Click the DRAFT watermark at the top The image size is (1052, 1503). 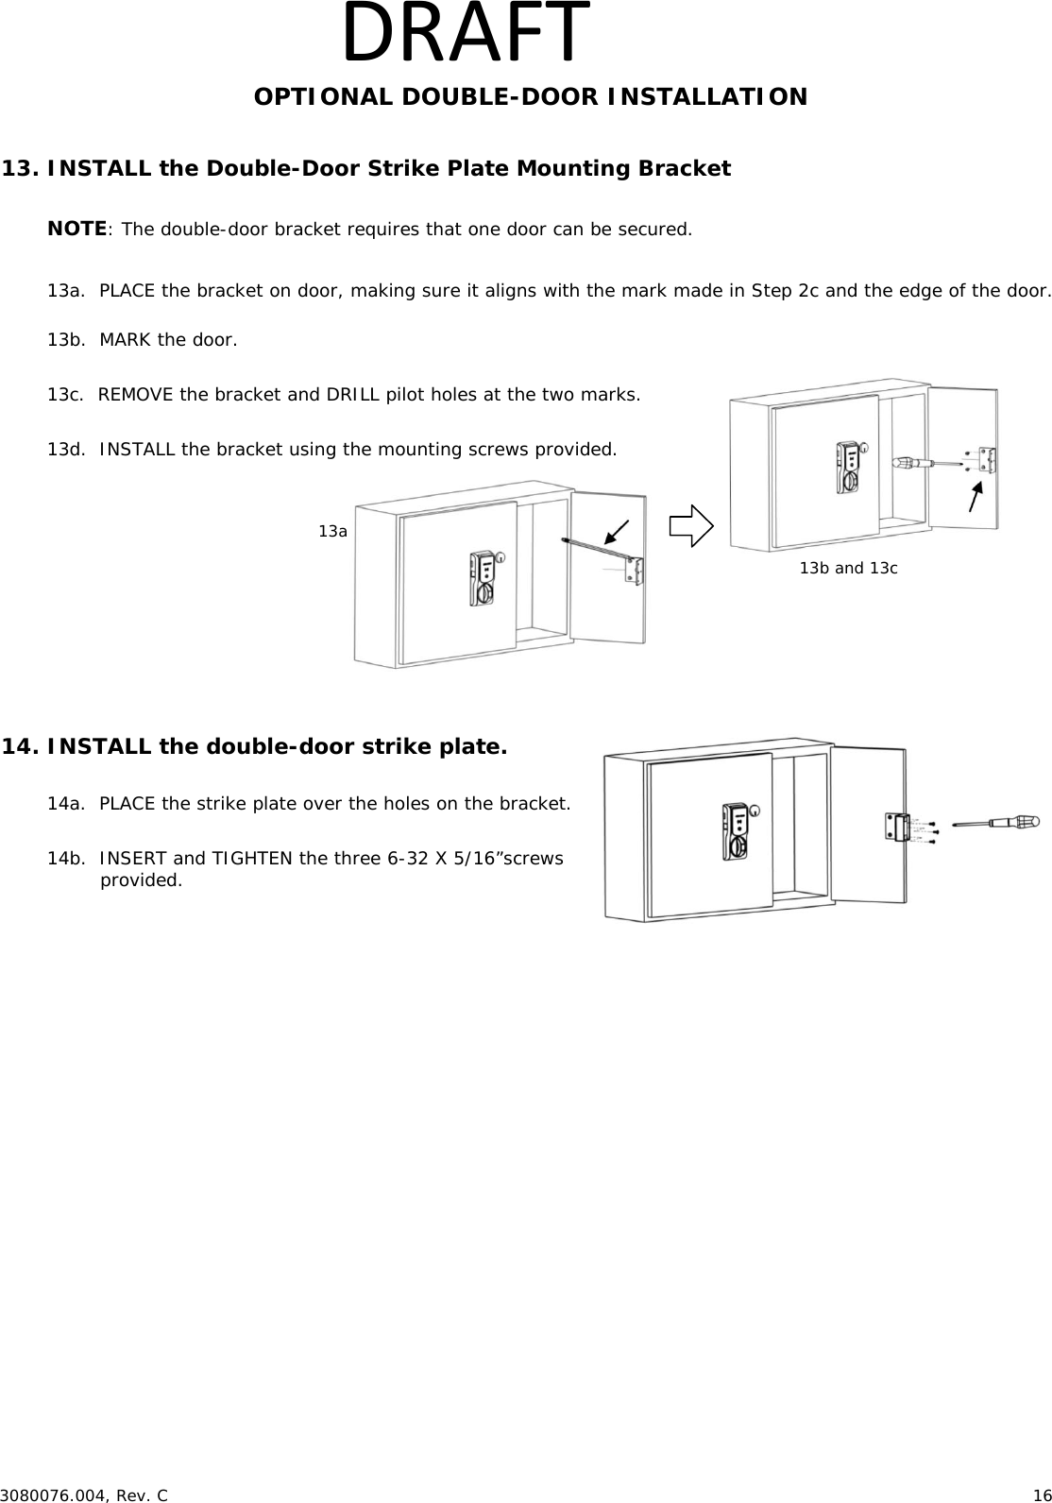[466, 35]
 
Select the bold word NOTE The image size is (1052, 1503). [76, 229]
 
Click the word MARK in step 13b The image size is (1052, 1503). [123, 339]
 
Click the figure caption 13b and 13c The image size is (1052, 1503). [848, 568]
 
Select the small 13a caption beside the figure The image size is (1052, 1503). [332, 532]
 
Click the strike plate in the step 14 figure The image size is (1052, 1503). [896, 826]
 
